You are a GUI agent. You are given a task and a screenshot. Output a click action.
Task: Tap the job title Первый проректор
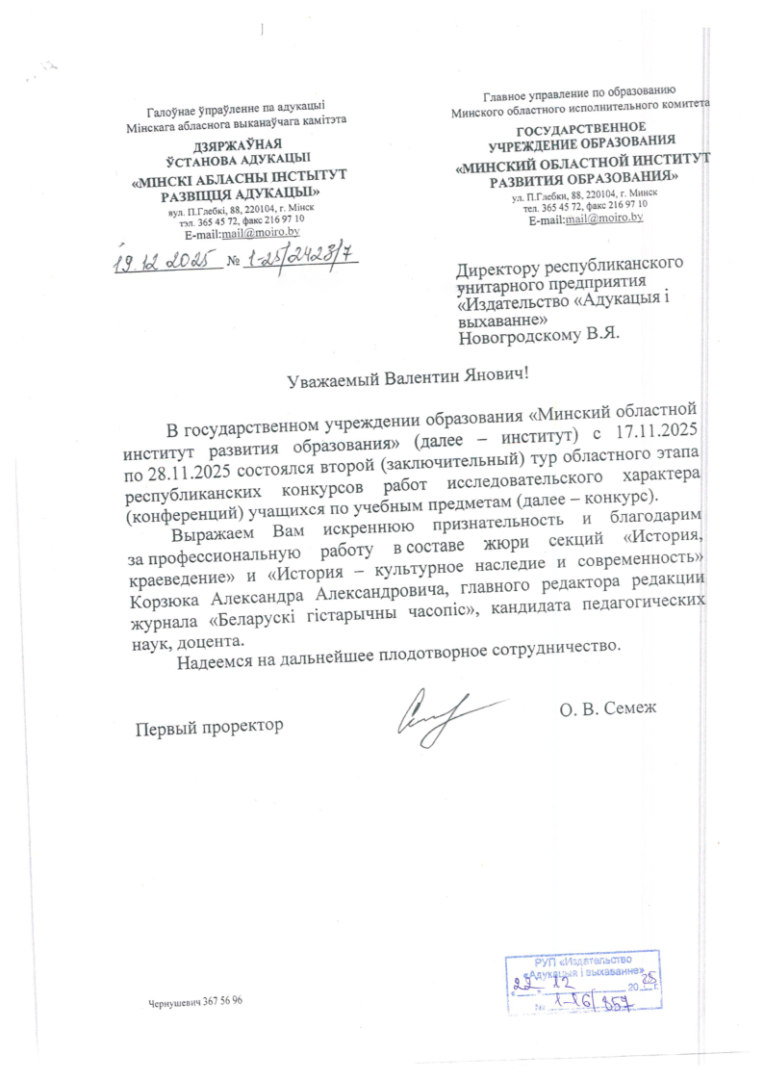pyautogui.click(x=209, y=725)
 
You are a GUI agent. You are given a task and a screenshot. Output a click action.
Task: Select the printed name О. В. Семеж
pyautogui.click(x=606, y=710)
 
